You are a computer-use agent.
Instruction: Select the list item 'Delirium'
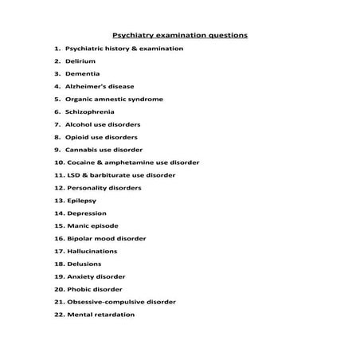click(80, 61)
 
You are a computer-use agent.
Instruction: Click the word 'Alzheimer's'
click(86, 86)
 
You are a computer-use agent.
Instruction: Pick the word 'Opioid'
click(77, 137)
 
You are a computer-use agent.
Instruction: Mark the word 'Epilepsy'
click(84, 201)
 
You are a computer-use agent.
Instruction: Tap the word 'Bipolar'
click(81, 238)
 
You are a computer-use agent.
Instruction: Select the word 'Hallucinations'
click(92, 251)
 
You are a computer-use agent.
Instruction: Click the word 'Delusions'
click(85, 264)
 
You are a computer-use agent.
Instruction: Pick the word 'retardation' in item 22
click(113, 315)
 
